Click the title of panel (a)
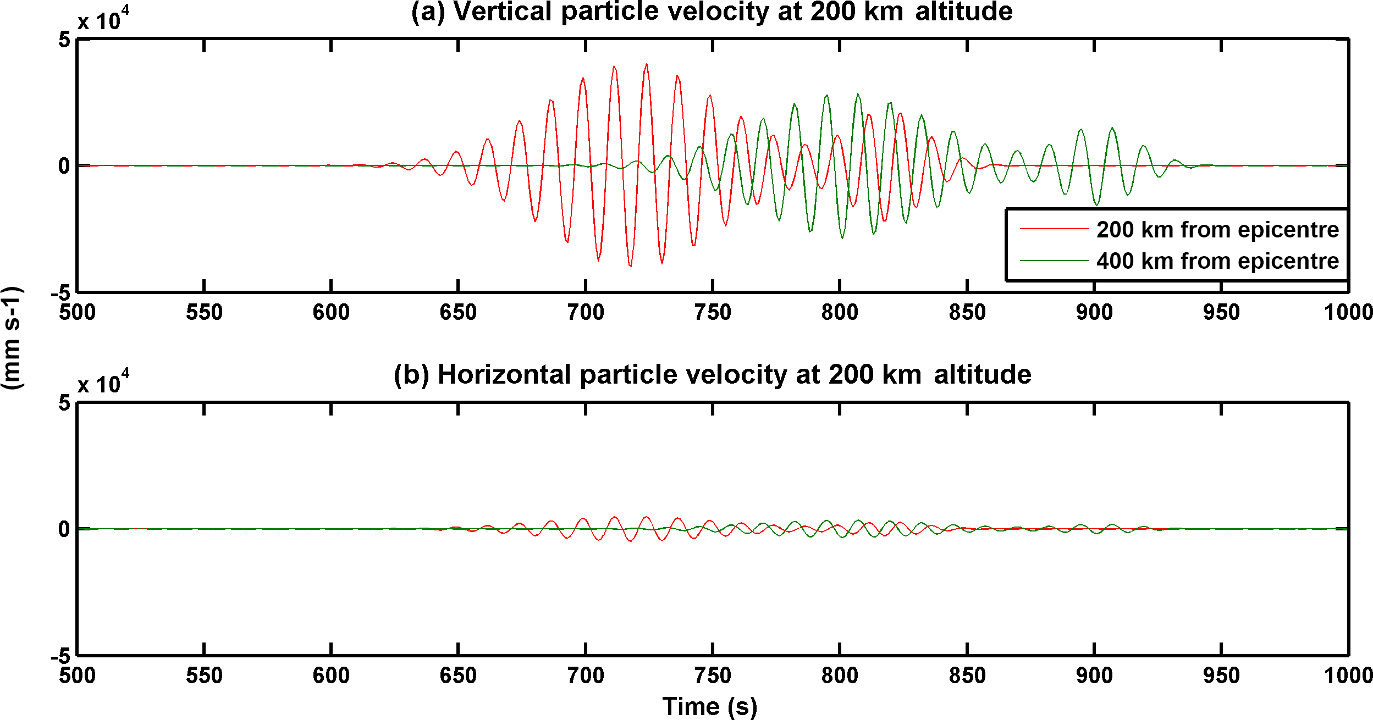pos(712,12)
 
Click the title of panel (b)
pos(712,375)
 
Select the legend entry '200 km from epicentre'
pos(1217,230)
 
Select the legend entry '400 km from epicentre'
pos(1217,261)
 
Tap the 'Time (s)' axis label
pos(709,706)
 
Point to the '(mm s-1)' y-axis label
pos(12,338)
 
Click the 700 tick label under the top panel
pos(586,313)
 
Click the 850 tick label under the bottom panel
pos(967,675)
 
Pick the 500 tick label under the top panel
pos(78,313)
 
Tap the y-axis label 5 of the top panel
pos(65,40)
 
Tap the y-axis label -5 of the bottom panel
pos(60,656)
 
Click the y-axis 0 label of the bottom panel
pos(64,529)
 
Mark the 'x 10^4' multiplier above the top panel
pos(103,20)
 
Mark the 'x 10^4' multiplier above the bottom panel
pos(103,383)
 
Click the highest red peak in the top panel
pos(647,64)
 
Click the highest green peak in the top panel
pos(858,94)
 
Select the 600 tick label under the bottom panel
pos(331,675)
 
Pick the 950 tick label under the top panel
pos(1221,313)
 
